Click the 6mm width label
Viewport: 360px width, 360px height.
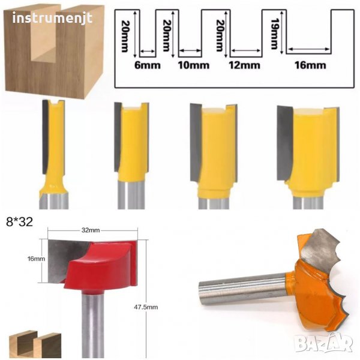[x=147, y=65]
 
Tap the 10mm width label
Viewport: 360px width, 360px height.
[x=194, y=65]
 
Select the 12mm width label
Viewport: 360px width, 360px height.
[x=245, y=65]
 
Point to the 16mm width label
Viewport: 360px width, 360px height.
[x=310, y=65]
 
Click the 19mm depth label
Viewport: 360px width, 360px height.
[x=274, y=34]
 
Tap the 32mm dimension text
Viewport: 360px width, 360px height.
[x=91, y=230]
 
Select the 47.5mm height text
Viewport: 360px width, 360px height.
[x=146, y=307]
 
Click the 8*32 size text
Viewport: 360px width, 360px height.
[x=20, y=222]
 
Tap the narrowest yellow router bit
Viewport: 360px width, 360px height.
[x=54, y=154]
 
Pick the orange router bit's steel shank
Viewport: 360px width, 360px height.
[x=244, y=289]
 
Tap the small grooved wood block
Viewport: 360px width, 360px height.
[x=35, y=344]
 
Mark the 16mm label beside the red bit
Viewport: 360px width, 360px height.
[x=36, y=259]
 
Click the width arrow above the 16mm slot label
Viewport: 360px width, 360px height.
[x=309, y=49]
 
